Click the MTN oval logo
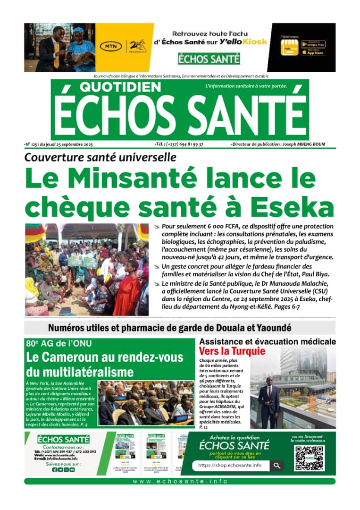(x=111, y=47)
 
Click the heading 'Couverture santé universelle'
(x=100, y=158)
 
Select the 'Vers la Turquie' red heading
(x=232, y=351)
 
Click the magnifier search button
(x=277, y=466)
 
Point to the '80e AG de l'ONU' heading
(x=59, y=344)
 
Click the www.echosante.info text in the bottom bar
(x=180, y=481)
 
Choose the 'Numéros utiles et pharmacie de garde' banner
(x=169, y=328)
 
